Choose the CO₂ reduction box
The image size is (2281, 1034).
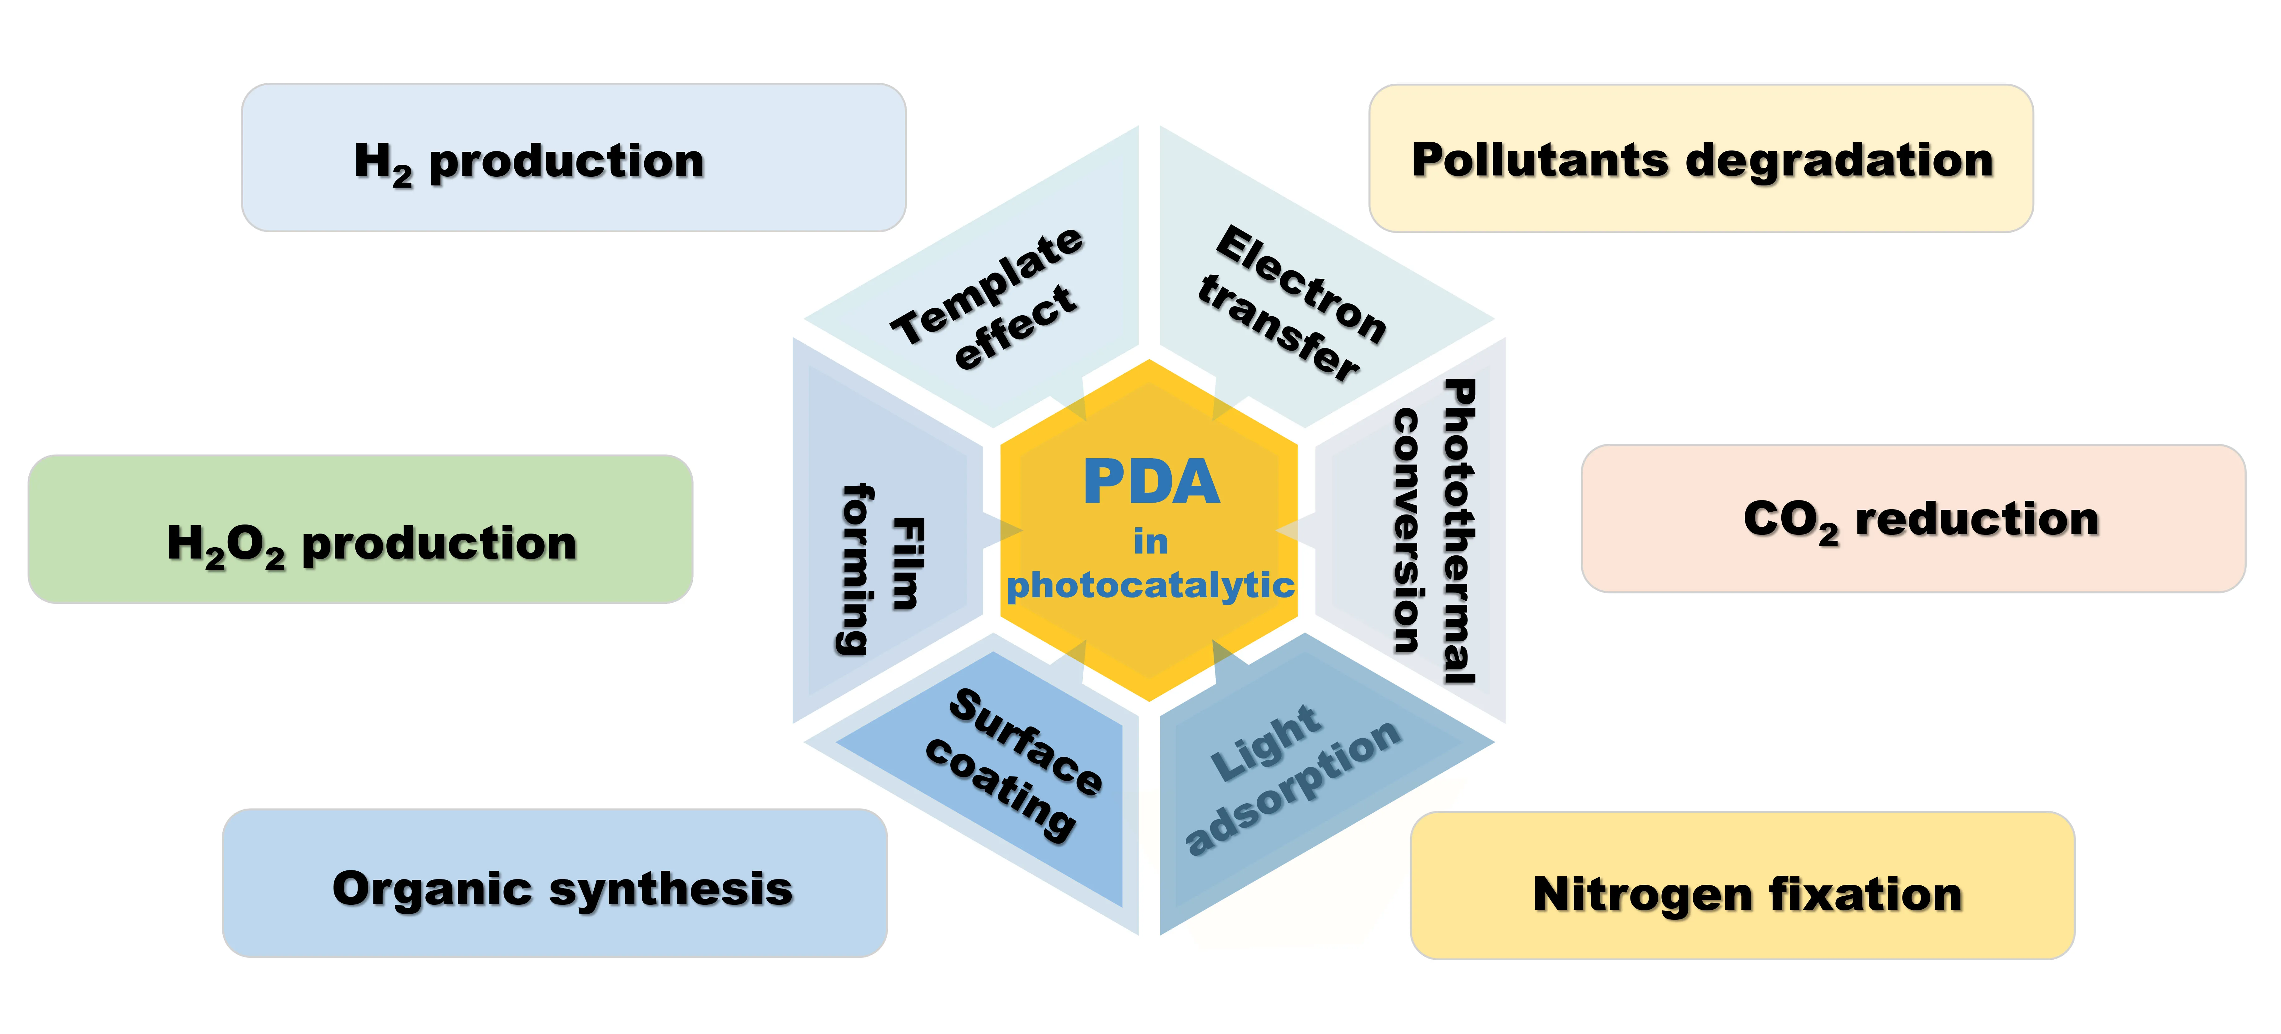(x=1912, y=519)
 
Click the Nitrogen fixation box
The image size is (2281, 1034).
(x=1742, y=885)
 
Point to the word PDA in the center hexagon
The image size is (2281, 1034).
(x=1151, y=482)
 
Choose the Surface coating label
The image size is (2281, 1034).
(x=1014, y=763)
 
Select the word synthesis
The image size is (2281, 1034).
(x=670, y=889)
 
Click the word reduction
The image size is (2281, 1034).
(x=1977, y=519)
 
